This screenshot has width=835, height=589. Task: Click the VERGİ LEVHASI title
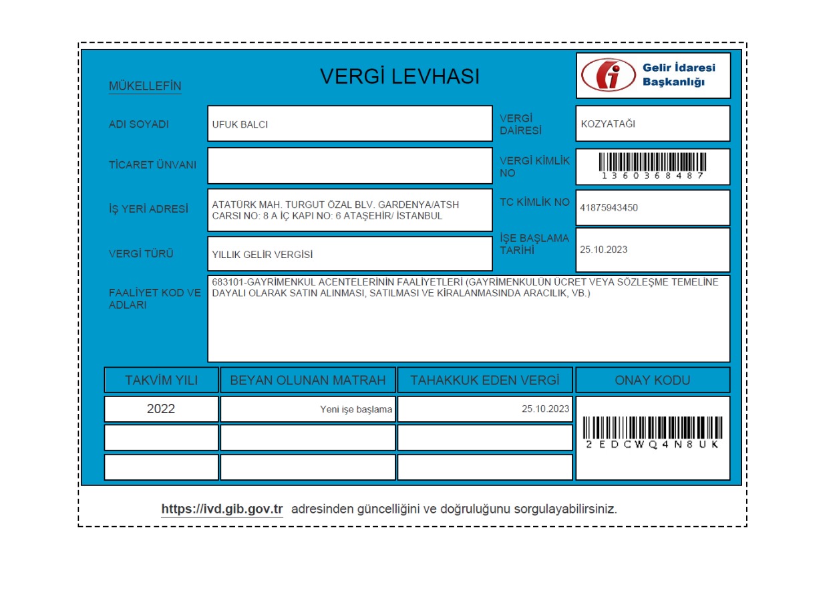pyautogui.click(x=399, y=76)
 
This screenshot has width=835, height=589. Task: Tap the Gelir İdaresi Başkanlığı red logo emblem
pyautogui.click(x=608, y=75)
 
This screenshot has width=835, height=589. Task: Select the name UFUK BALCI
pyautogui.click(x=240, y=124)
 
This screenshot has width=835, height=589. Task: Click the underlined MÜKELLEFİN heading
pyautogui.click(x=145, y=86)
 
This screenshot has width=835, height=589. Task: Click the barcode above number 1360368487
pyautogui.click(x=652, y=161)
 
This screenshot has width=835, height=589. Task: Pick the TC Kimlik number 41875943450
pyautogui.click(x=609, y=208)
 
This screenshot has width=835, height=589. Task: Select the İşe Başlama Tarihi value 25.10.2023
pyautogui.click(x=603, y=250)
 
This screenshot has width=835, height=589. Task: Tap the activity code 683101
pyautogui.click(x=224, y=282)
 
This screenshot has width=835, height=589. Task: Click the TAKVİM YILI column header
pyautogui.click(x=161, y=380)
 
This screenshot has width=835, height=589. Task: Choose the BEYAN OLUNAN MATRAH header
pyautogui.click(x=308, y=380)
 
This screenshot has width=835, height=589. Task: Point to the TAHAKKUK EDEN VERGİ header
pyautogui.click(x=484, y=380)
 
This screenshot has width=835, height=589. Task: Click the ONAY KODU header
pyautogui.click(x=652, y=380)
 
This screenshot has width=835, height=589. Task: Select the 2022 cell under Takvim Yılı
pyautogui.click(x=161, y=409)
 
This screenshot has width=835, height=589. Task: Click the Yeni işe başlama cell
pyautogui.click(x=356, y=409)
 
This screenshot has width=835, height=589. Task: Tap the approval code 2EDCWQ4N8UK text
pyautogui.click(x=652, y=444)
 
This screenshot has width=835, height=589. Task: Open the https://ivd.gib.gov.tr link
pyautogui.click(x=222, y=509)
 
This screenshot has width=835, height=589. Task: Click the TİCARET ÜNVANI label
pyautogui.click(x=152, y=165)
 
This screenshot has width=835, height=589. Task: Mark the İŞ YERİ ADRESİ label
pyautogui.click(x=148, y=209)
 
